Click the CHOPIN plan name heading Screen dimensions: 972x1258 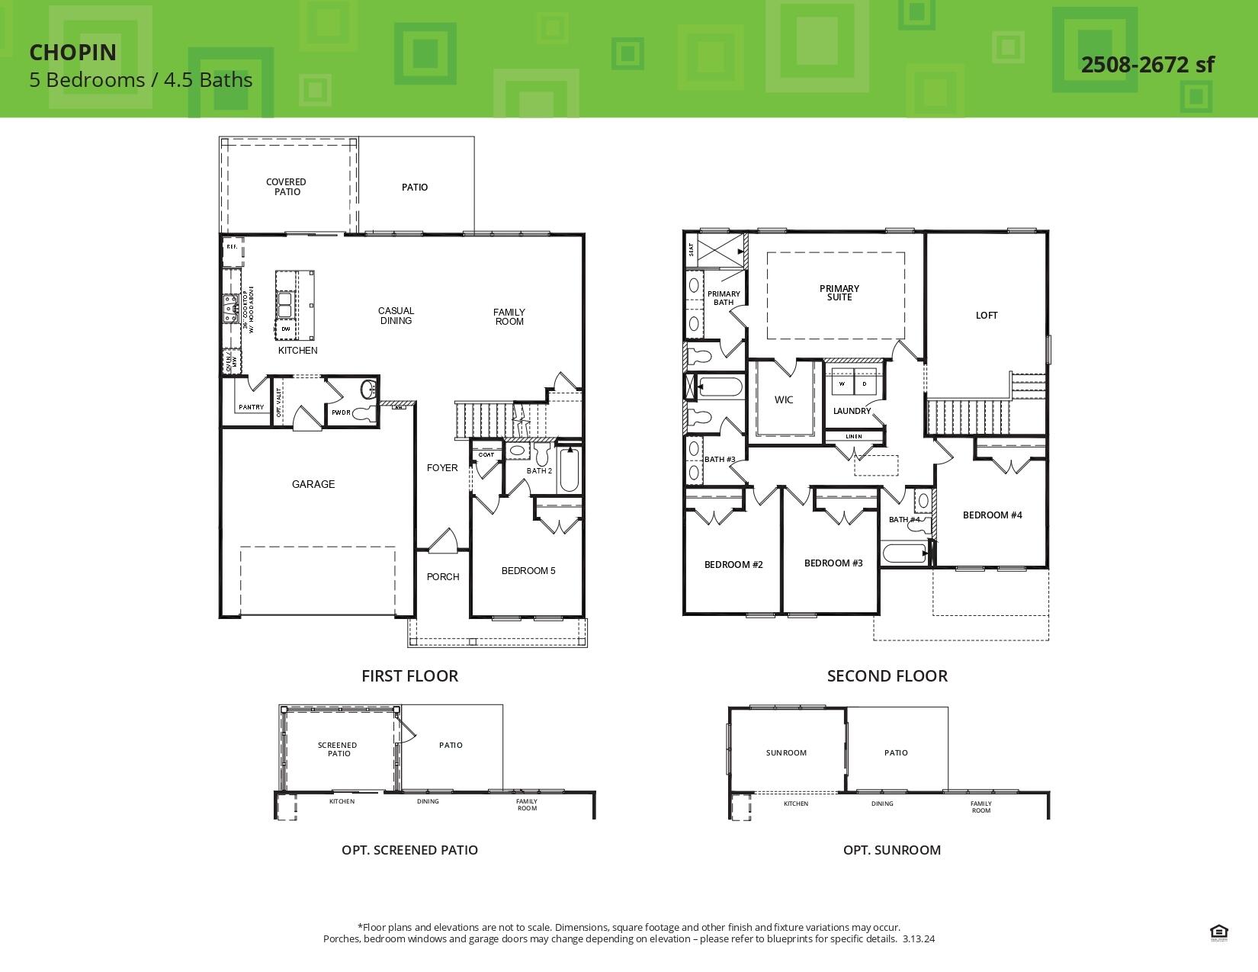[x=73, y=52]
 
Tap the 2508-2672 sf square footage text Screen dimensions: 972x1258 [x=1147, y=65]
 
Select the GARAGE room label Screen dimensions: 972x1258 [x=313, y=484]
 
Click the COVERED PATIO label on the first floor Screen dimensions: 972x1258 [x=286, y=187]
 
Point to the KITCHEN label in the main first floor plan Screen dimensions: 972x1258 [x=297, y=351]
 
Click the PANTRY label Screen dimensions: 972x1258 [x=251, y=407]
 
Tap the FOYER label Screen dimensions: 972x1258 [x=442, y=468]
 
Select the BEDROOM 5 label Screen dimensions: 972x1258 [x=528, y=571]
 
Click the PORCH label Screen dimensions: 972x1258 [x=443, y=577]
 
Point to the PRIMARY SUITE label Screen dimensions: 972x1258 [x=839, y=293]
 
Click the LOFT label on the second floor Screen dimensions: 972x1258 [x=987, y=315]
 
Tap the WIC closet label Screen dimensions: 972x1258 [x=784, y=399]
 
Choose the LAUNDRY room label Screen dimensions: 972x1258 [x=852, y=411]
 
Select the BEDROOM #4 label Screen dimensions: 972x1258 [x=992, y=515]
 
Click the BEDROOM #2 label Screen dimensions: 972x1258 [x=733, y=565]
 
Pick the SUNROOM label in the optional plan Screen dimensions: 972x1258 [x=786, y=753]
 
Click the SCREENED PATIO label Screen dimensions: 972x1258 [x=338, y=749]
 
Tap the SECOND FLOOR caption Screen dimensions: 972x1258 [x=887, y=675]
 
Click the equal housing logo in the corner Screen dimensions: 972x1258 [x=1218, y=932]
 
